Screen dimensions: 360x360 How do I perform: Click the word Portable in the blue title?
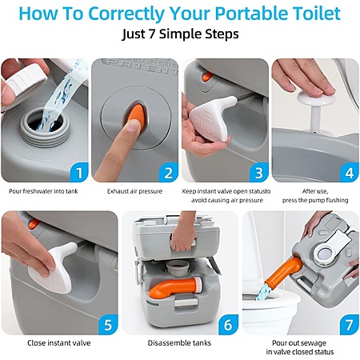coord(244,14)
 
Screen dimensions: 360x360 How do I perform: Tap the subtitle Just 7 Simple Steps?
coord(180,34)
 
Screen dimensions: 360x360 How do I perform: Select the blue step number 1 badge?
coord(79,173)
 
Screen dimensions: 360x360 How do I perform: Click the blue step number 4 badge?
coord(350,173)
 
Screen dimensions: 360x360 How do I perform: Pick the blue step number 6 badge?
coord(228,325)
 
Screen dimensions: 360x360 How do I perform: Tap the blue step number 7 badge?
coord(350,325)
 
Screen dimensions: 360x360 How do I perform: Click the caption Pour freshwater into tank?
coord(43,191)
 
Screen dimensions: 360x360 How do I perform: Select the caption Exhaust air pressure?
coord(134,191)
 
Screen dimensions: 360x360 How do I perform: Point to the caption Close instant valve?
coord(59,342)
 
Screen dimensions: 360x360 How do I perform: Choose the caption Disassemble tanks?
coord(179,342)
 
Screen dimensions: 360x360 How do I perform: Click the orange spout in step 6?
coord(174,287)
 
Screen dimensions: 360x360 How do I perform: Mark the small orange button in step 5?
coord(34,224)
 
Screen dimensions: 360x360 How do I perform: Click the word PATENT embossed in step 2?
coord(142,66)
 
